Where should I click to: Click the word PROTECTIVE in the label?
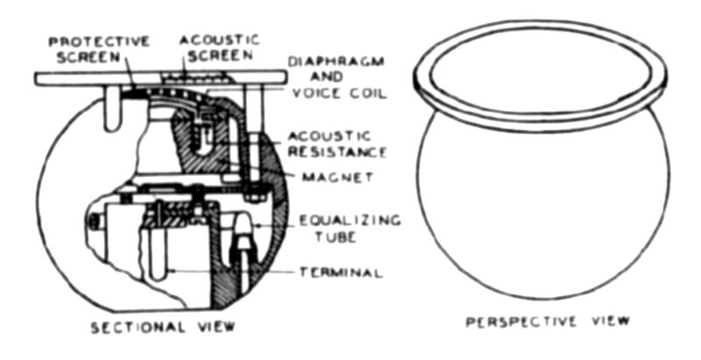[x=99, y=42]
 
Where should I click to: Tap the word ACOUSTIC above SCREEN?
[x=219, y=39]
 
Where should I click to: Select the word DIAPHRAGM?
[x=336, y=61]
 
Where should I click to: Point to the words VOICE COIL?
[x=339, y=94]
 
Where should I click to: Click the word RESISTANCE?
[x=337, y=152]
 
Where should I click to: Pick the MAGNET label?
[x=337, y=177]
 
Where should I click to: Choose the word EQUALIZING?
[x=350, y=220]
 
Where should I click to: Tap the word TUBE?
[x=336, y=236]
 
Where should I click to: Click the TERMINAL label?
[x=341, y=272]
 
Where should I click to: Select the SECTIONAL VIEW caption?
[x=163, y=328]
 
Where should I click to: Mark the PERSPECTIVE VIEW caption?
[x=548, y=321]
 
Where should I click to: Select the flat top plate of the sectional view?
[x=160, y=79]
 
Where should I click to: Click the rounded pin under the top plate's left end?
[x=113, y=109]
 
